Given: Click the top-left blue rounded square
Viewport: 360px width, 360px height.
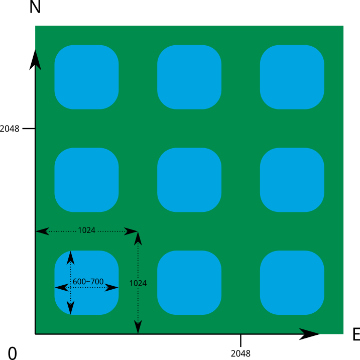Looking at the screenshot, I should coord(86,77).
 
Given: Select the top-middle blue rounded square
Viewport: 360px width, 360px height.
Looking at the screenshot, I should coord(189,77).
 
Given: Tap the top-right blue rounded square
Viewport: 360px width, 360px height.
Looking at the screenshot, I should coord(292,77).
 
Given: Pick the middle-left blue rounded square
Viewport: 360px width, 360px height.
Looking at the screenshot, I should coord(86,180).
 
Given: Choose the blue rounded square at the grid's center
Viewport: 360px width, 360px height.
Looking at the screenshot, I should coord(189,180).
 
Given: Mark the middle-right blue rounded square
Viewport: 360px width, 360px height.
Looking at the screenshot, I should coord(292,180).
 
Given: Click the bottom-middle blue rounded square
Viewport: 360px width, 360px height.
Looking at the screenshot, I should coord(189,283).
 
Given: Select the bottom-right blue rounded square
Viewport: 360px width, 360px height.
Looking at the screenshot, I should coord(292,283).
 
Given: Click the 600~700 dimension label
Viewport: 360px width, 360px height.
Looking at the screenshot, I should coord(88,282).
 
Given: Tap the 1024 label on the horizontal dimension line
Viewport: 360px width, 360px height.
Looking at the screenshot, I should coord(86,230).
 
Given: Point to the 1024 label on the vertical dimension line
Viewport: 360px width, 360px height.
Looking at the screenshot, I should coord(138,283).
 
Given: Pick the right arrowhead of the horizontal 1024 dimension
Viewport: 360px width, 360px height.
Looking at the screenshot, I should coord(131,231).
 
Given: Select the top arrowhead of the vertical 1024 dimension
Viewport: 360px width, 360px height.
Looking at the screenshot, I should coord(138,238).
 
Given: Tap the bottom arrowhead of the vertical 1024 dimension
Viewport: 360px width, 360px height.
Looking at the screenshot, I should coord(138,327).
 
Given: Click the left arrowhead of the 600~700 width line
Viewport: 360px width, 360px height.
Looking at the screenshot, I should coord(61,288).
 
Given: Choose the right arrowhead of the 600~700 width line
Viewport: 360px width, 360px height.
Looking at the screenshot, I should coord(112,288).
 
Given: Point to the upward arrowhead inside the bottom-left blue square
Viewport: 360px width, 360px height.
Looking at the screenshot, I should coord(71,258).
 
